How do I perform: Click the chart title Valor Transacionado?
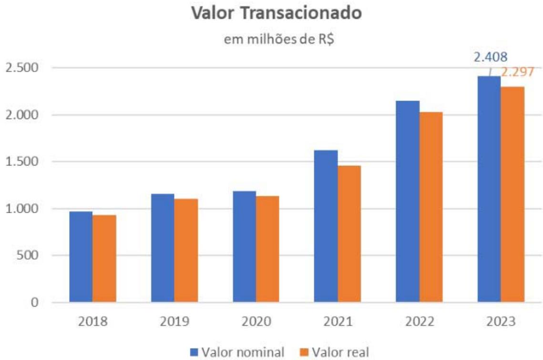(x=276, y=13)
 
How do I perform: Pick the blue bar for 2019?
(x=163, y=248)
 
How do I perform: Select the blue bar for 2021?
(x=326, y=226)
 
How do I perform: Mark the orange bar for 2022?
(x=431, y=207)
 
